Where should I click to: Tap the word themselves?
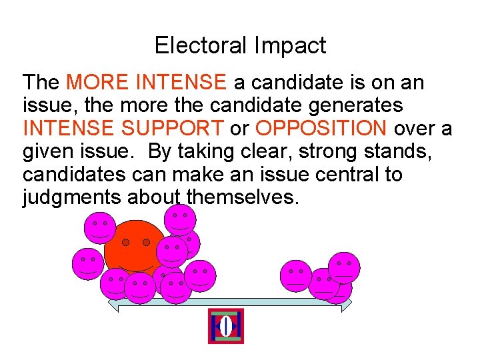[240, 197]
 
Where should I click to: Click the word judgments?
[69, 197]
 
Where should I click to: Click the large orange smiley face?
[133, 247]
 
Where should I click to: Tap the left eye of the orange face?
[125, 242]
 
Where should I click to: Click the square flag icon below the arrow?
[226, 326]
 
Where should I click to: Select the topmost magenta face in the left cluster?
[180, 219]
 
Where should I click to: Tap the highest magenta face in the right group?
[344, 267]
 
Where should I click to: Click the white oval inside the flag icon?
[226, 326]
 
